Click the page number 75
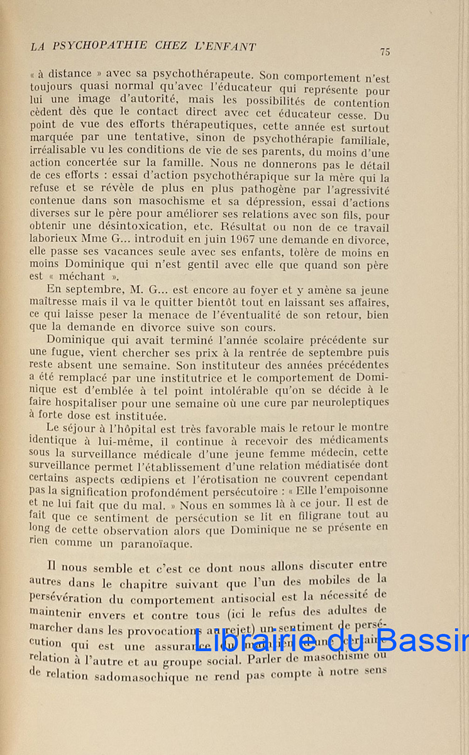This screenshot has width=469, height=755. (385, 52)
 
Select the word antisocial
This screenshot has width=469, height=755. (255, 600)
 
